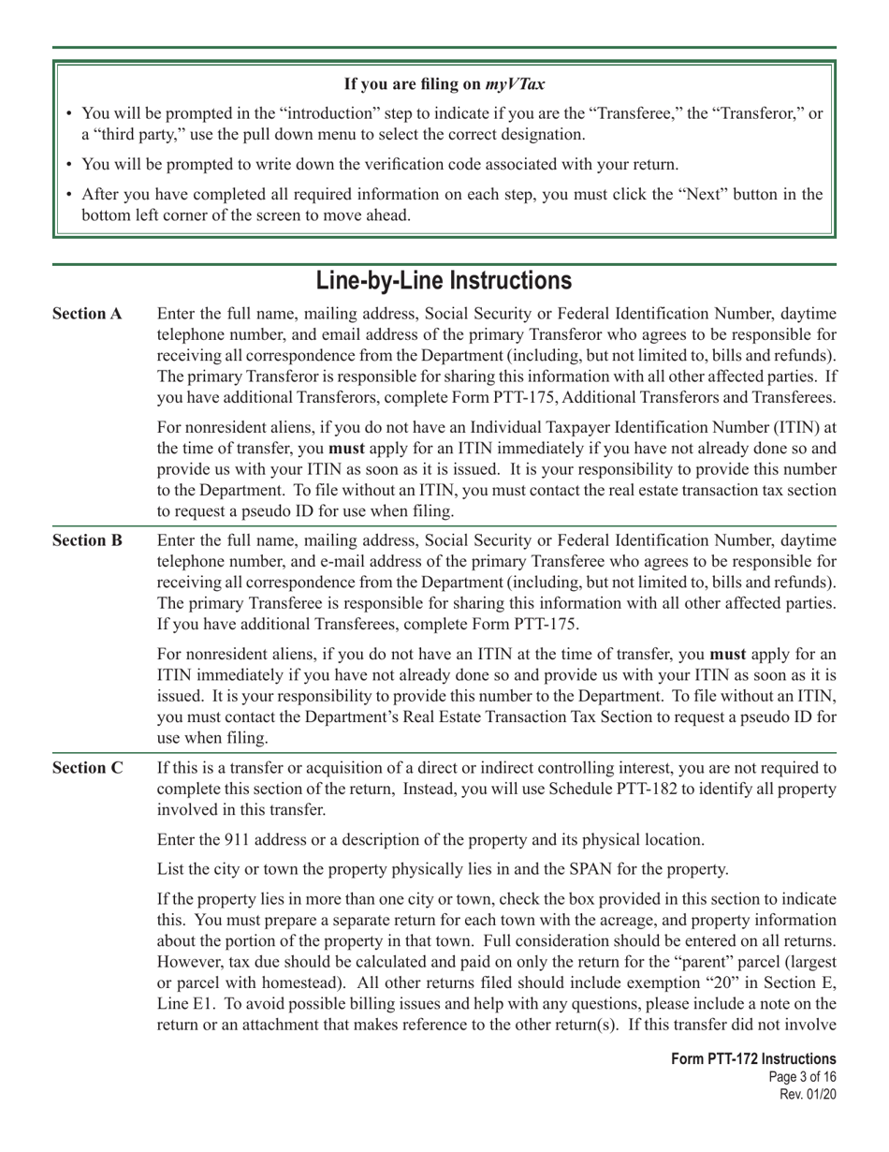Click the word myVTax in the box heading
(x=515, y=84)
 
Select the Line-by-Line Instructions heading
(x=444, y=280)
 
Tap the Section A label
(x=87, y=314)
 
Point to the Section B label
(x=87, y=540)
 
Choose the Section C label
(x=87, y=768)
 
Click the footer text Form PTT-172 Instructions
(x=753, y=1059)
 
